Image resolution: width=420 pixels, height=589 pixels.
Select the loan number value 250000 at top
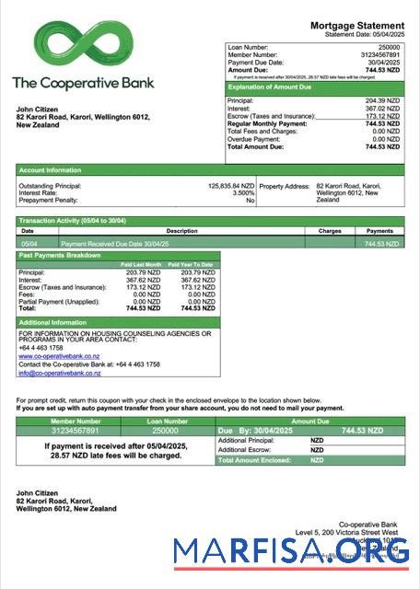389,46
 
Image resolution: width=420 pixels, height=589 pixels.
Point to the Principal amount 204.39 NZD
382,100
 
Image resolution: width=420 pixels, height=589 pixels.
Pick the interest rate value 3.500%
242,192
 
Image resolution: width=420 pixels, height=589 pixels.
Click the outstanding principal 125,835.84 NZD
231,185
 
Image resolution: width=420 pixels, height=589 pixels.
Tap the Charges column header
329,231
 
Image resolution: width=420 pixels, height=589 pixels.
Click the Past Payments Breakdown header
60,255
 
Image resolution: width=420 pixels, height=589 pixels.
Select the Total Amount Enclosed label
254,460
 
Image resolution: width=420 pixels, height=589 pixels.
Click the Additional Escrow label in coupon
245,450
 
